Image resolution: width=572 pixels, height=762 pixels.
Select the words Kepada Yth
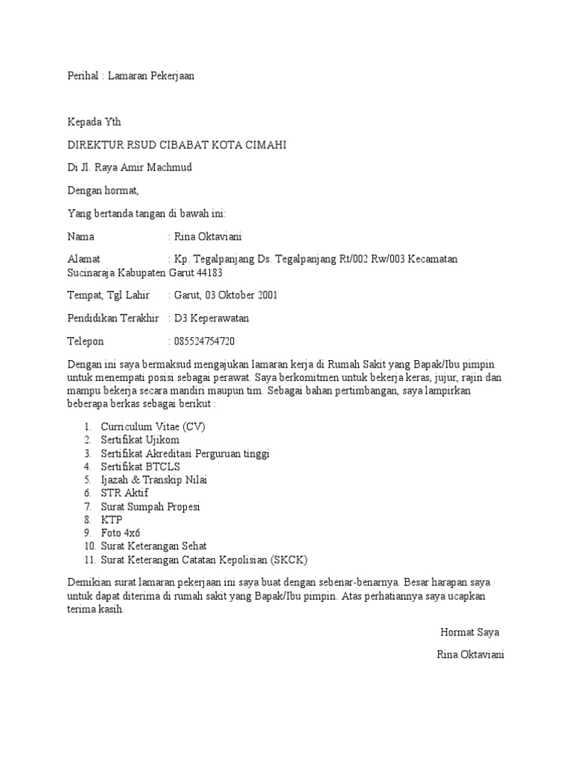(x=94, y=122)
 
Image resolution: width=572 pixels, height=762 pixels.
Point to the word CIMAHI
(x=261, y=144)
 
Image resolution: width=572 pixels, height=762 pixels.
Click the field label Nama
(x=81, y=237)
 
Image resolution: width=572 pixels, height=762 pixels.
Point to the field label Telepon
(x=86, y=342)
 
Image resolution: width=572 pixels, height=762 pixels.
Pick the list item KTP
(x=112, y=519)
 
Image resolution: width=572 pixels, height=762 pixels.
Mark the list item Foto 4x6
(x=121, y=533)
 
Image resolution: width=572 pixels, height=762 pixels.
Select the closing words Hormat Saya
(x=470, y=633)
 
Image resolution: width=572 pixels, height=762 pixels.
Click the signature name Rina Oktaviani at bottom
(x=471, y=656)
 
